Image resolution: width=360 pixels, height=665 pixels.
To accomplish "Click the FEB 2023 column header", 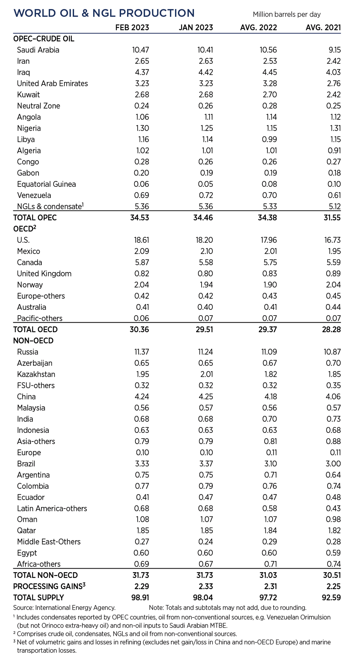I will [132, 28].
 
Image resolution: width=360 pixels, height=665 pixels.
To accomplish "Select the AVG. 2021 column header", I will [323, 28].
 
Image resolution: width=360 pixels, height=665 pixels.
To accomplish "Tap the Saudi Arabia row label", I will [38, 50].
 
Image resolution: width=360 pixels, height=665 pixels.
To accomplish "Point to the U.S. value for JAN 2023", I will [204, 240].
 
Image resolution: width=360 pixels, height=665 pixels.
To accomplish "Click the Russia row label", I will [28, 352].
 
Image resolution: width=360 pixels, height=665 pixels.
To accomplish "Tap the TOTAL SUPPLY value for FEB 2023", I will [139, 598].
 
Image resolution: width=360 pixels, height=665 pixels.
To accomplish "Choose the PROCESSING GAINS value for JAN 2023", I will [206, 587].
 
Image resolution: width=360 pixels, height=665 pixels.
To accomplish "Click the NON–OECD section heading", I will [33, 341].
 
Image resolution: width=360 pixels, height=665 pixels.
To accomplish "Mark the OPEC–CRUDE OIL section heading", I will [44, 39].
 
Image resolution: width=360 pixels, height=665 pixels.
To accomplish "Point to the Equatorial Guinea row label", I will [46, 184].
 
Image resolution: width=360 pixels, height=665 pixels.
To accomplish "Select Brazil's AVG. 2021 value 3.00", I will [333, 463].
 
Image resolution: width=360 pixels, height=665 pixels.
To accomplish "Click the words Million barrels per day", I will [287, 14].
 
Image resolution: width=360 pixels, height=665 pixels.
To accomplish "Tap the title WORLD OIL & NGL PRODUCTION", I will [104, 13].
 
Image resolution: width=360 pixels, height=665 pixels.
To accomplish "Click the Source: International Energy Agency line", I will [64, 608].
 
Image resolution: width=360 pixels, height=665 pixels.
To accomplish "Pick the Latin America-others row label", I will [52, 508].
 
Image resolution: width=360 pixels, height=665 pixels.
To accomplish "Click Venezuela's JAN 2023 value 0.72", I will [206, 195].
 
